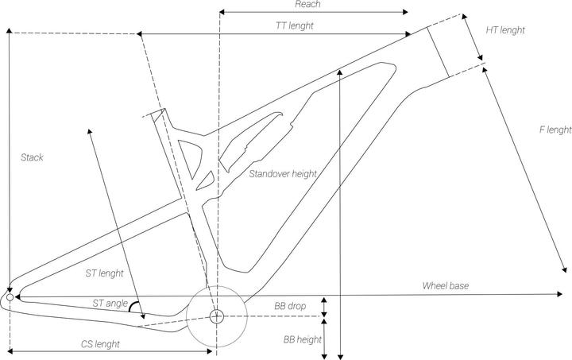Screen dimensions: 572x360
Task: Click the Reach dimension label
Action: point(307,5)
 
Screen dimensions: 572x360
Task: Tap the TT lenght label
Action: point(295,26)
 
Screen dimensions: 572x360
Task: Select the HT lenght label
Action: point(505,30)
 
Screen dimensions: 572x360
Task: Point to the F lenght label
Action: point(555,130)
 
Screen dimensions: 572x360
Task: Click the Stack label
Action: point(32,157)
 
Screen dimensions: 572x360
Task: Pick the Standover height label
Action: point(283,174)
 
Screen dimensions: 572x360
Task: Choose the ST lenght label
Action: point(105,273)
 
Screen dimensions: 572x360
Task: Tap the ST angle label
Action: point(110,303)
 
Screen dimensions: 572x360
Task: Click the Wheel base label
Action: point(446,285)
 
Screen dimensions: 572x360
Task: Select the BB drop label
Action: point(290,306)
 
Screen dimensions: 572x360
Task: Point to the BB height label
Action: point(303,339)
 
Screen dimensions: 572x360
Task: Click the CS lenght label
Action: point(100,344)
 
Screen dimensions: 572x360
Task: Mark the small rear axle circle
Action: point(10,297)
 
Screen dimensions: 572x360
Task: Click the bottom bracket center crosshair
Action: point(217,316)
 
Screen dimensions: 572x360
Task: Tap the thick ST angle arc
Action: point(133,305)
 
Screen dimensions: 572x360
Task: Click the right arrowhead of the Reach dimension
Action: point(405,12)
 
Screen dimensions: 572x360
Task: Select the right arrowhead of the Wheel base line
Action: point(559,293)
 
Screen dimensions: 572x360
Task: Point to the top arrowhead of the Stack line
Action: point(10,31)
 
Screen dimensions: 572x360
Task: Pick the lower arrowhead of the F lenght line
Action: point(564,269)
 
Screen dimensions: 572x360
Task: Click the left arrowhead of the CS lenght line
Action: point(10,351)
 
